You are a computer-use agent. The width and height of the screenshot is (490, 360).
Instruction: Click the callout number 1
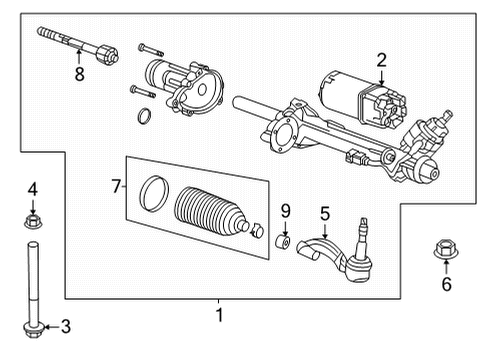(x=219, y=316)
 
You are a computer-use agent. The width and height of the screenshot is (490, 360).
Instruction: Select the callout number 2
(x=380, y=61)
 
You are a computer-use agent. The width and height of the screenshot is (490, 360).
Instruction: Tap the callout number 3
(x=66, y=326)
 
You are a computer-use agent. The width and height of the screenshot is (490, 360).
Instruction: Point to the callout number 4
(x=31, y=188)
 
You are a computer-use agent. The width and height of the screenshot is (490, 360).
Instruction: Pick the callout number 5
(x=324, y=212)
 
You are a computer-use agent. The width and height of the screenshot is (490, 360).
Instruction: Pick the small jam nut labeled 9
(x=284, y=243)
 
